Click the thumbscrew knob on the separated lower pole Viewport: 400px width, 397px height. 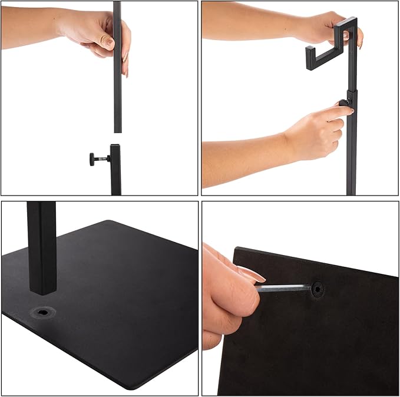[x=92, y=158]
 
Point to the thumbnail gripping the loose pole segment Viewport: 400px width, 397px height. [x=109, y=42]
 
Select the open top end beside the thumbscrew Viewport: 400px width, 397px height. [x=115, y=146]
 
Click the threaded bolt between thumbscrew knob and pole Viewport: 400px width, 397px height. [x=103, y=158]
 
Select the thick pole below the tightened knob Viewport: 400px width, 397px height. [x=352, y=153]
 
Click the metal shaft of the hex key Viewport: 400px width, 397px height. [x=283, y=288]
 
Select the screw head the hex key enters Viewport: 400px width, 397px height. [x=318, y=289]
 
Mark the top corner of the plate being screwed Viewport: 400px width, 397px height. [x=236, y=249]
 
